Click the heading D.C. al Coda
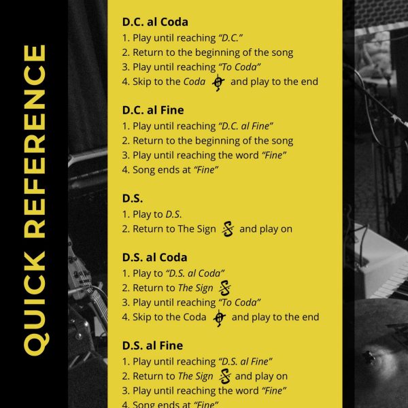pos(155,22)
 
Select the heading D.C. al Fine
pos(153,110)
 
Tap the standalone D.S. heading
pos(133,199)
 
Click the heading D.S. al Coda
pos(154,257)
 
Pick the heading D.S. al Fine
pos(152,345)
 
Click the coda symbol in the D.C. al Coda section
pos(218,83)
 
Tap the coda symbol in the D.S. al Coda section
pos(220,318)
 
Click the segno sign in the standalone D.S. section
pos(228,229)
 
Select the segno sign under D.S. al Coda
pos(225,288)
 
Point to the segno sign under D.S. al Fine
pos(225,376)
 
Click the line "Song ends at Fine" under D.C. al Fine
pos(170,170)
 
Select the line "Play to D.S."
pos(152,214)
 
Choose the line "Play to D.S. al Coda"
pos(173,273)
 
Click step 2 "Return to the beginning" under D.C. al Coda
pos(207,52)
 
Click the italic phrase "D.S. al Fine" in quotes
pos(245,362)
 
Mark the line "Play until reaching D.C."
pos(182,38)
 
